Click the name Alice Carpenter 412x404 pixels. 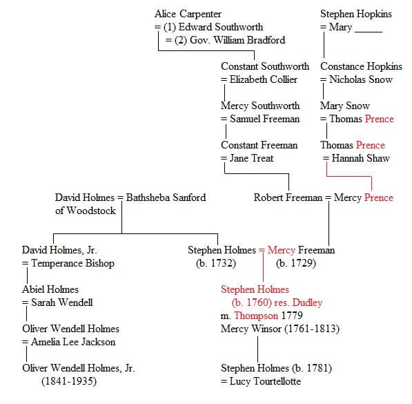point(188,15)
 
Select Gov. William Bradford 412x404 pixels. point(237,40)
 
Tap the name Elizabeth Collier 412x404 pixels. point(264,79)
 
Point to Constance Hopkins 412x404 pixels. point(361,67)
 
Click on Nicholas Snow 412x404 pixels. point(361,79)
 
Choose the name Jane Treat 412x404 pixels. point(251,158)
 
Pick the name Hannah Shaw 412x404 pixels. point(360,158)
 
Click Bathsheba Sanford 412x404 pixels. point(166,198)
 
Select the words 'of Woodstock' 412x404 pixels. point(86,211)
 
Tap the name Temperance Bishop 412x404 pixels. point(72,264)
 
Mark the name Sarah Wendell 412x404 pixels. point(62,302)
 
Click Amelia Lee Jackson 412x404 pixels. point(73,342)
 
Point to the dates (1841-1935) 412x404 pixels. point(69,381)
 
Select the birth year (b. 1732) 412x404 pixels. point(216,263)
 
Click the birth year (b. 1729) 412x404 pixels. point(296,263)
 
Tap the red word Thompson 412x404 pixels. point(256,316)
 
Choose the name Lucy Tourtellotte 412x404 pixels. point(265,382)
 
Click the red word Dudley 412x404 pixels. point(307,303)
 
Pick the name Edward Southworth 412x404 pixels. point(221,27)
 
